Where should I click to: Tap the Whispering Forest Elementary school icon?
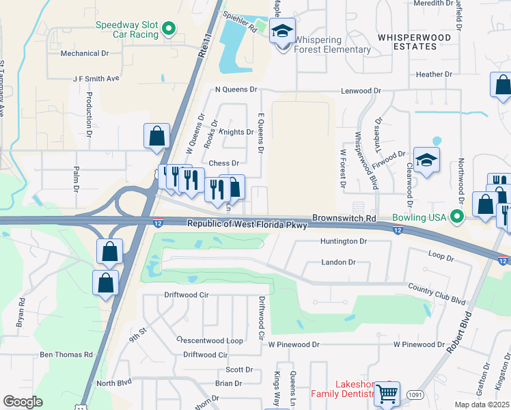pyautogui.click(x=281, y=31)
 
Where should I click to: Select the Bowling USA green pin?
pyautogui.click(x=458, y=218)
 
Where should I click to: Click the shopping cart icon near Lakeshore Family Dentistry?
pyautogui.click(x=387, y=393)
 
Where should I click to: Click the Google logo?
pyautogui.click(x=23, y=401)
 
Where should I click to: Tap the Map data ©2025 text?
pyautogui.click(x=481, y=405)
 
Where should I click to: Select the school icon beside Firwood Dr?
pyautogui.click(x=426, y=161)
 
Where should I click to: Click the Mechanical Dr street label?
pyautogui.click(x=85, y=53)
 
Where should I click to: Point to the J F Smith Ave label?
pyautogui.click(x=96, y=79)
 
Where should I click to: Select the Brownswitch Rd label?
pyautogui.click(x=344, y=218)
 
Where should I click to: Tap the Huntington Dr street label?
pyautogui.click(x=344, y=241)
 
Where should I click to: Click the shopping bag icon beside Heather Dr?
pyautogui.click(x=502, y=85)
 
